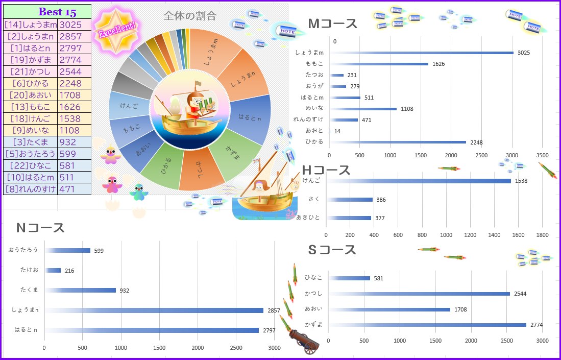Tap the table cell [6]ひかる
click(30, 83)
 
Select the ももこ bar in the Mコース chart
click(379, 64)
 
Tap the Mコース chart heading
click(332, 23)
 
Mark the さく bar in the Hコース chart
click(351, 200)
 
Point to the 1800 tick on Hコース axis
click(542, 235)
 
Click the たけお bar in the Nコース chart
click(53, 270)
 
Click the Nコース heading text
click(40, 228)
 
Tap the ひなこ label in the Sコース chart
click(313, 278)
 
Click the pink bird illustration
click(112, 184)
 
